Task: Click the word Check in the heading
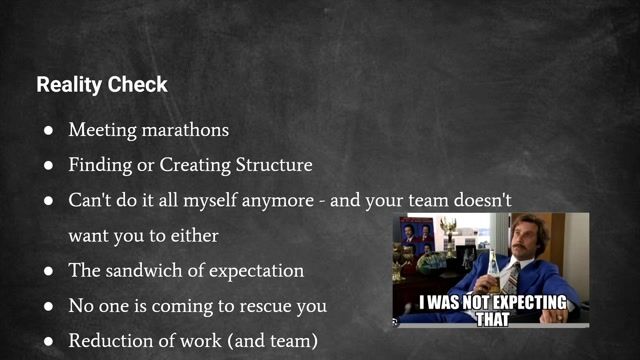coord(138,85)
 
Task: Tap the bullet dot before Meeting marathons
coord(48,131)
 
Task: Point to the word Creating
coord(190,165)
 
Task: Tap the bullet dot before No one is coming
coord(48,306)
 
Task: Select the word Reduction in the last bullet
coord(108,341)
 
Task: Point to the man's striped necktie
coord(512,274)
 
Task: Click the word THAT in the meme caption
coord(491,319)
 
